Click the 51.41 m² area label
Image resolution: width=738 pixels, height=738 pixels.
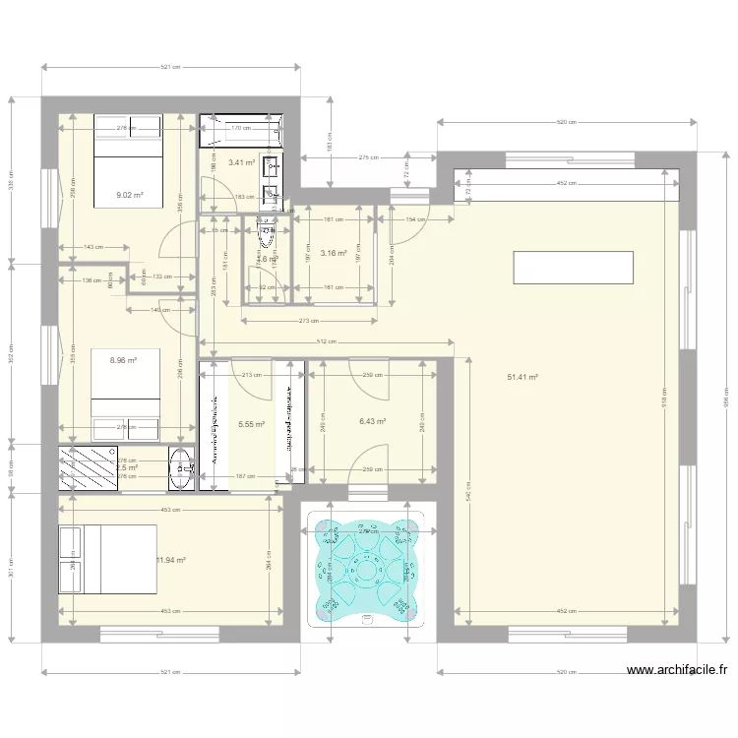[522, 377]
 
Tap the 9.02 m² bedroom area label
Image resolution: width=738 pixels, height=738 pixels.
[130, 195]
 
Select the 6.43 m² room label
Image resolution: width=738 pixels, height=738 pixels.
[372, 421]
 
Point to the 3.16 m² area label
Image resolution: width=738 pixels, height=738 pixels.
[334, 253]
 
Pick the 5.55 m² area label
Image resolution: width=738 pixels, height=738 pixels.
[252, 425]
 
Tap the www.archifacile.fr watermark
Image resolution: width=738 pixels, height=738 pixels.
[677, 671]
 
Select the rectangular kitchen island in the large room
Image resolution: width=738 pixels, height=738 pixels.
[572, 267]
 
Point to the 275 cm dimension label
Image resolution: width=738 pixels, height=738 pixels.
[368, 156]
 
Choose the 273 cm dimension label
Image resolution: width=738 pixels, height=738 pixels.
[309, 321]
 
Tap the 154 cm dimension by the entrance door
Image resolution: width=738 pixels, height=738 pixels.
[414, 219]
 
